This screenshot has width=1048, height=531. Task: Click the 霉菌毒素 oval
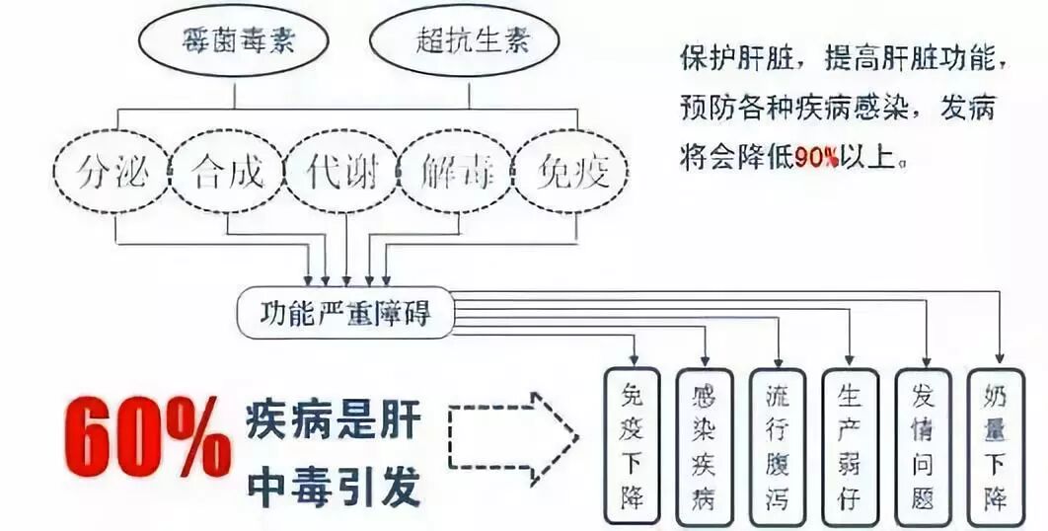[x=234, y=42]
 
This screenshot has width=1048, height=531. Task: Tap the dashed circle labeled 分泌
[x=113, y=173]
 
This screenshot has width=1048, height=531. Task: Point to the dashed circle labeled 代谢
[x=341, y=173]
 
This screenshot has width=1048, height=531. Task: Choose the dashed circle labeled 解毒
[x=455, y=173]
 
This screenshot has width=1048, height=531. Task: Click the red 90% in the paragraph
[x=817, y=156]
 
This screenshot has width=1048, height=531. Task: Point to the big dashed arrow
[x=512, y=435]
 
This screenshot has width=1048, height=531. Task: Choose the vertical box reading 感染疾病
[x=705, y=445]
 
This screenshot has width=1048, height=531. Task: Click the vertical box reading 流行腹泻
[x=778, y=445]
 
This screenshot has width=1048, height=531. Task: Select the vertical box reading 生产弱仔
[x=850, y=445]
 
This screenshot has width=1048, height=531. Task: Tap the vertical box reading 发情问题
[x=923, y=445]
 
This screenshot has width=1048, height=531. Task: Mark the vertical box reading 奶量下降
[x=995, y=445]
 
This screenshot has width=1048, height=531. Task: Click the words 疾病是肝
[x=334, y=425]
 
